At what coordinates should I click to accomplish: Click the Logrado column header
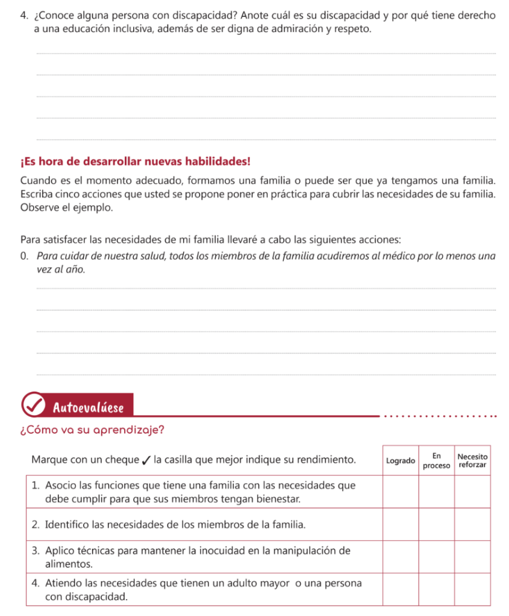[x=400, y=461]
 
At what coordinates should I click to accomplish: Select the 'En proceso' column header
[x=437, y=461]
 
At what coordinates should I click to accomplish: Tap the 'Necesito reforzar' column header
[x=472, y=461]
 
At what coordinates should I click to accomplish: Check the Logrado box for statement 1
[x=401, y=492]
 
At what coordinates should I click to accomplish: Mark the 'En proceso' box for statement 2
[x=437, y=524]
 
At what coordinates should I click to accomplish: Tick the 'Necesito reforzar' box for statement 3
[x=472, y=556]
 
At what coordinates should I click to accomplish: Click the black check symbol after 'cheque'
[x=145, y=461]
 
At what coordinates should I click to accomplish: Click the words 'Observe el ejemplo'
[x=66, y=208]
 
